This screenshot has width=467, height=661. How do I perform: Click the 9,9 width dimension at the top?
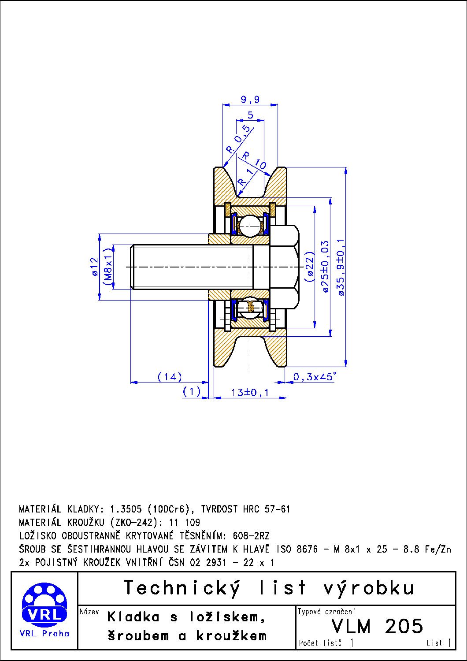click(x=250, y=100)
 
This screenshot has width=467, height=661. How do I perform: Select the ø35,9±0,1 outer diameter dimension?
click(x=341, y=266)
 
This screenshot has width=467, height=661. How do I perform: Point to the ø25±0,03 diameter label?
click(x=325, y=266)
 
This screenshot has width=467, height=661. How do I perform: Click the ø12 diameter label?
click(x=94, y=267)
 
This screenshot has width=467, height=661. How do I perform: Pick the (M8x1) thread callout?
click(x=108, y=267)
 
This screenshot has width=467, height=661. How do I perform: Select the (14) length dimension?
click(x=170, y=377)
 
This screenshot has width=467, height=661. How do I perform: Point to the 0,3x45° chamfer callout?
click(x=314, y=377)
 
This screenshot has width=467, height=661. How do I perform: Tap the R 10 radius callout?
click(x=255, y=161)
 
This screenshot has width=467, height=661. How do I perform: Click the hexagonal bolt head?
click(x=284, y=266)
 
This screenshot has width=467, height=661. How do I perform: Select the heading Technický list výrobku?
click(x=269, y=588)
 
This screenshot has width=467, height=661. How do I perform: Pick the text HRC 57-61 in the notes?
click(x=267, y=509)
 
